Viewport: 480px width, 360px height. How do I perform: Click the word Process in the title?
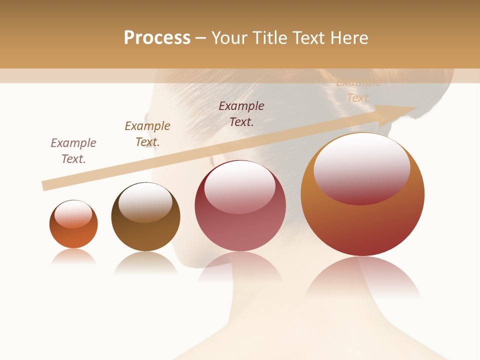coord(157,38)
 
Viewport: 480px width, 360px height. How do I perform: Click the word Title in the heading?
coord(270,38)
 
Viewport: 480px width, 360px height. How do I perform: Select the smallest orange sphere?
coord(73,224)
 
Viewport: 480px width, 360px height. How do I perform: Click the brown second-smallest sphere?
coord(145,216)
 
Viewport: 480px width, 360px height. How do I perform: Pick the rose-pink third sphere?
coord(240,205)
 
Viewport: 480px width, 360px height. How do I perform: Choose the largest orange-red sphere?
coord(362,194)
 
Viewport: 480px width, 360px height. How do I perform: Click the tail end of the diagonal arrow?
coord(44,185)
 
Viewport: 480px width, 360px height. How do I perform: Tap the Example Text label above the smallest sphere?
coord(73,150)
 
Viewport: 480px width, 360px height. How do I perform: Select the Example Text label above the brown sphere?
coord(147,133)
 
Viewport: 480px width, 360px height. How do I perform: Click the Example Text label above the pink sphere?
coord(241,113)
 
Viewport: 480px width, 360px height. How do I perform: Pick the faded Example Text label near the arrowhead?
coord(358,90)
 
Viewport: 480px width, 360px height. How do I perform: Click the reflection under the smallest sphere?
coord(73,256)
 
